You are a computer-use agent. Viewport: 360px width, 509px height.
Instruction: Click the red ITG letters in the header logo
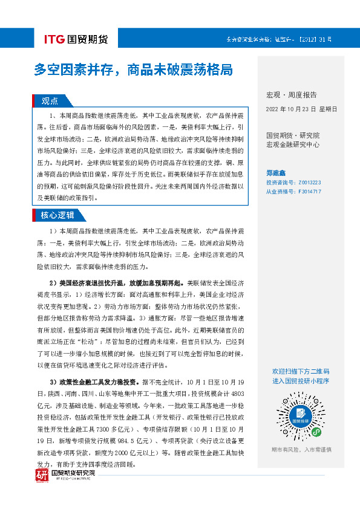(x=55, y=40)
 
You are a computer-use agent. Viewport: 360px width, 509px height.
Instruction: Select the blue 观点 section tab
(x=50, y=101)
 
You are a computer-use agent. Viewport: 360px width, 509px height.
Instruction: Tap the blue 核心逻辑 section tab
(x=57, y=215)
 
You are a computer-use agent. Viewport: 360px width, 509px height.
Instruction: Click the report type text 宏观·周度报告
(x=291, y=95)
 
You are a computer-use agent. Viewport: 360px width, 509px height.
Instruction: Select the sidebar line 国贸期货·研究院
(x=293, y=135)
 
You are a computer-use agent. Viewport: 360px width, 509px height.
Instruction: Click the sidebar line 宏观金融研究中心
(x=293, y=144)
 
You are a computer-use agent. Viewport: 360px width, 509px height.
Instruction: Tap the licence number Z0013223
(x=309, y=181)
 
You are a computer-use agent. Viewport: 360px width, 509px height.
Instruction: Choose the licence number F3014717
(x=309, y=191)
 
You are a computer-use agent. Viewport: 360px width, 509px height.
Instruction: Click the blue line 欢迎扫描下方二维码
(x=301, y=371)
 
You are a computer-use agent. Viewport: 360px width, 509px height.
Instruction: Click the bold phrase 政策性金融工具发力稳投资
(x=98, y=383)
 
